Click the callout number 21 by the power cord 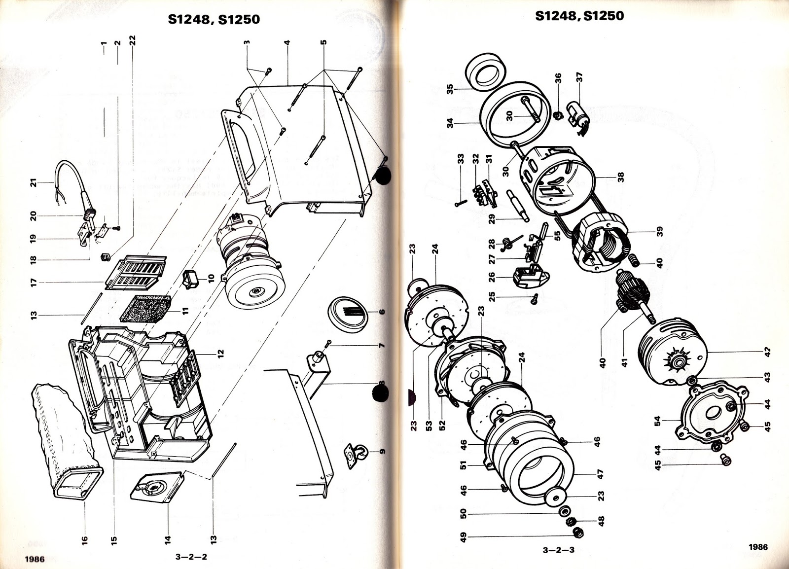point(34,183)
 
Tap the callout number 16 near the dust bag point(84,540)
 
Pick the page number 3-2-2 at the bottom point(191,557)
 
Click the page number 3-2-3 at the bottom point(558,550)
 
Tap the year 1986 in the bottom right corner point(757,546)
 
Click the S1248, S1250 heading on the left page point(213,20)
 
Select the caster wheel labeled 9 point(358,453)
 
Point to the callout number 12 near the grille point(221,354)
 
